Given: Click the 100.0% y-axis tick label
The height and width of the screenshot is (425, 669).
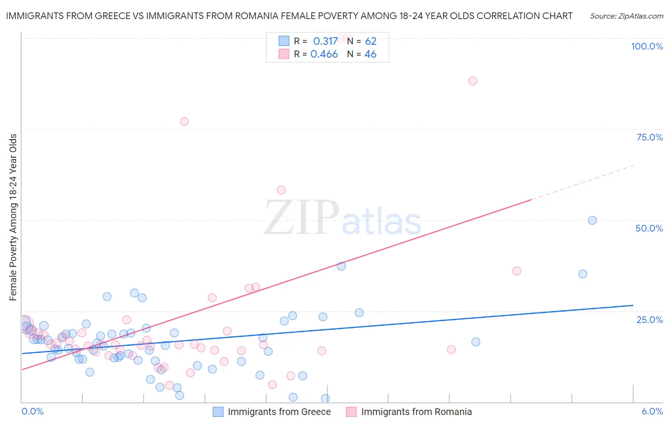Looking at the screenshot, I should [x=647, y=46].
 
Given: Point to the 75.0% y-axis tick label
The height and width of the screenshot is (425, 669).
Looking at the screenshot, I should [x=649, y=137].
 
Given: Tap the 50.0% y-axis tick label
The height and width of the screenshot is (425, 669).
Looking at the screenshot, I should [x=649, y=228].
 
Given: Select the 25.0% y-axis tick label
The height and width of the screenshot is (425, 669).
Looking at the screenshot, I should [x=649, y=320].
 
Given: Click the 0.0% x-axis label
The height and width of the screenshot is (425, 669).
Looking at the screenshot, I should [x=32, y=411].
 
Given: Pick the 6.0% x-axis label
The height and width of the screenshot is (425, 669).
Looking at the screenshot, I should [x=652, y=411].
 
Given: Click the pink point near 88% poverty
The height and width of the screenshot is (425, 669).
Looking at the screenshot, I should [x=472, y=81].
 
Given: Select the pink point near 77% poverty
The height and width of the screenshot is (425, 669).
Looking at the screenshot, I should [x=184, y=121].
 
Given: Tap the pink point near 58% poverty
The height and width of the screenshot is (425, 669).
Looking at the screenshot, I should [x=281, y=190].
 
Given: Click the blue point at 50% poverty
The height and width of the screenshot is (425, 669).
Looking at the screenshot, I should [x=592, y=221].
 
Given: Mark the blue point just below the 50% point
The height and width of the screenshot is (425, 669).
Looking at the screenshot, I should [x=583, y=274].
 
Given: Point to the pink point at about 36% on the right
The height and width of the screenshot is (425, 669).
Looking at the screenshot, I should [x=517, y=271].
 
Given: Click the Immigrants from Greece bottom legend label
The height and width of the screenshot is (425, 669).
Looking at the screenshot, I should [x=279, y=412].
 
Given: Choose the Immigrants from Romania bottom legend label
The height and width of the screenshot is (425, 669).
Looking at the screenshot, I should [x=416, y=412].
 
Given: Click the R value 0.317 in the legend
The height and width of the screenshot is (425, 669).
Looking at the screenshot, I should [x=325, y=41].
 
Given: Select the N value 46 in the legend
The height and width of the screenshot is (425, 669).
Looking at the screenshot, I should [x=370, y=54].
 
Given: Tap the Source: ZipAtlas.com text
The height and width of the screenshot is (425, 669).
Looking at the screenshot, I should [x=626, y=16].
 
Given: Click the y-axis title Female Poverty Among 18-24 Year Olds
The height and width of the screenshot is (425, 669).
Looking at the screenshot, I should [x=13, y=217].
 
